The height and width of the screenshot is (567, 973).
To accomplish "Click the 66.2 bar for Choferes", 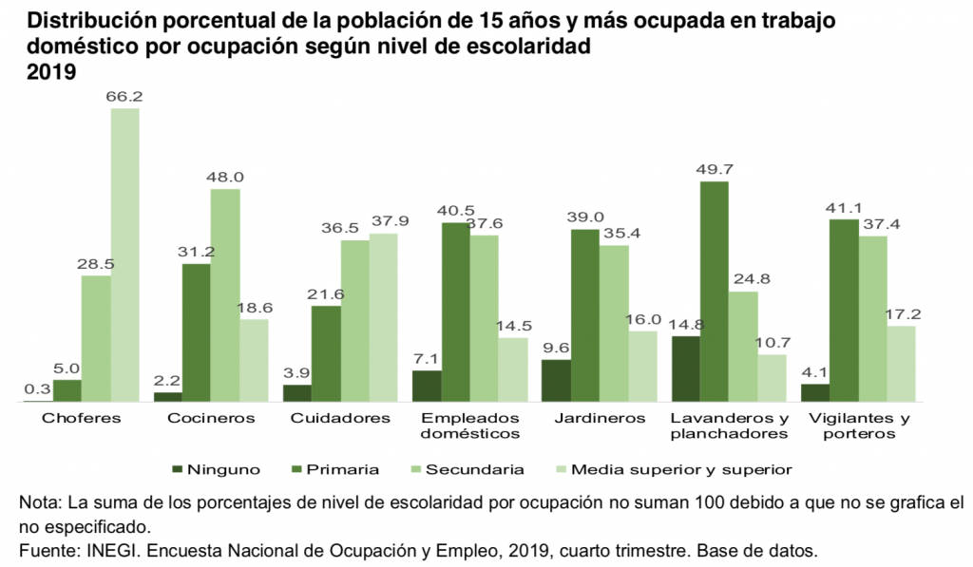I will (x=124, y=255).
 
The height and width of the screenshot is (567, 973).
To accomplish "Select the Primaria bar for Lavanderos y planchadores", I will (x=714, y=292).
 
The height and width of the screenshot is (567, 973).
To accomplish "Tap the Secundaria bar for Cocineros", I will (x=225, y=295).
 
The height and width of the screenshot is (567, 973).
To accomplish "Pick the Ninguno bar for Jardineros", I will (x=556, y=381).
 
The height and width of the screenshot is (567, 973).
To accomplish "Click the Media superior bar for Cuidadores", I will (x=383, y=317).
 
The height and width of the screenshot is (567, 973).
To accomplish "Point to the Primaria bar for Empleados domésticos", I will (x=455, y=312).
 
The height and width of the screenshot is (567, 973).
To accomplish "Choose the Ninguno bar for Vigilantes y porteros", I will (x=814, y=393).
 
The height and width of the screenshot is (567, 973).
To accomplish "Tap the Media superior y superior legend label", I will (x=681, y=469).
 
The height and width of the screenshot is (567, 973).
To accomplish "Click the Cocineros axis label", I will (x=210, y=418).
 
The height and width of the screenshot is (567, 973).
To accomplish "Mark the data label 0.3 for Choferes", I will (x=39, y=390).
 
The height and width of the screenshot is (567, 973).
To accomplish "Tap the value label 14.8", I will (x=685, y=325).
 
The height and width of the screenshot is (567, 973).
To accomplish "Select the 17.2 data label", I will (x=902, y=314).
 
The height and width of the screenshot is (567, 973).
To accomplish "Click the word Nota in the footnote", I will (x=39, y=501).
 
